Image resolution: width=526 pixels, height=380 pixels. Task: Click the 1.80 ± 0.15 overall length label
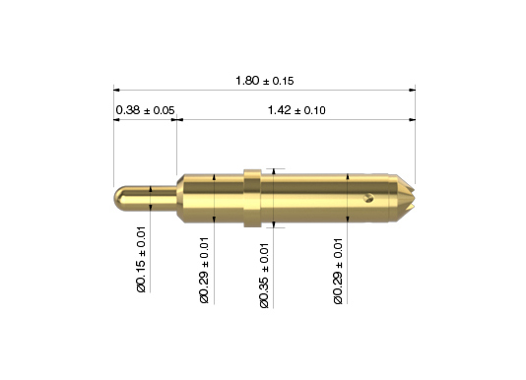pyautogui.click(x=264, y=81)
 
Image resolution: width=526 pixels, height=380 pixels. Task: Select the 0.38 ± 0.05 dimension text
pyautogui.click(x=145, y=110)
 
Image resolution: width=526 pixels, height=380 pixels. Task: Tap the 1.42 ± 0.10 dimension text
pyautogui.click(x=296, y=110)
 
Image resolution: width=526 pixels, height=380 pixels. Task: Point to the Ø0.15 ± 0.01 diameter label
pyautogui.click(x=142, y=259)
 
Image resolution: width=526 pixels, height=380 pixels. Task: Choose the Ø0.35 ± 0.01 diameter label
pyautogui.click(x=264, y=276)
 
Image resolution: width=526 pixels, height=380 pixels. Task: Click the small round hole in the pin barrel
pyautogui.click(x=368, y=198)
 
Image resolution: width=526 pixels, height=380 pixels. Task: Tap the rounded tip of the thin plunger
pyautogui.click(x=118, y=199)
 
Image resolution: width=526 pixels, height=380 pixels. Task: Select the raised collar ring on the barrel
pyautogui.click(x=252, y=198)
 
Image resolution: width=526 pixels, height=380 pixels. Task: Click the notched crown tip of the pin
pyautogui.click(x=406, y=198)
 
